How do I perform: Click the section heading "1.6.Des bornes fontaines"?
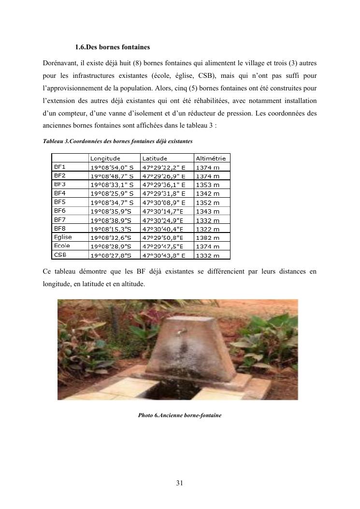(112, 47)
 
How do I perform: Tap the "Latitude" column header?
(155, 158)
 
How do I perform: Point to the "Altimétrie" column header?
(211, 158)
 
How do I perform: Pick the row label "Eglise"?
(63, 237)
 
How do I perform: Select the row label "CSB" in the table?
(60, 255)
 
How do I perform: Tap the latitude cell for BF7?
(162, 220)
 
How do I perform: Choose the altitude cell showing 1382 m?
(207, 238)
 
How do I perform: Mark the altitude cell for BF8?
(207, 229)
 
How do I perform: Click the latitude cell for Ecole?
(162, 247)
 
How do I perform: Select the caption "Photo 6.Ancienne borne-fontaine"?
(179, 415)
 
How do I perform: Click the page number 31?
(179, 482)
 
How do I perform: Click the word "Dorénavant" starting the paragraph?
(59, 63)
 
